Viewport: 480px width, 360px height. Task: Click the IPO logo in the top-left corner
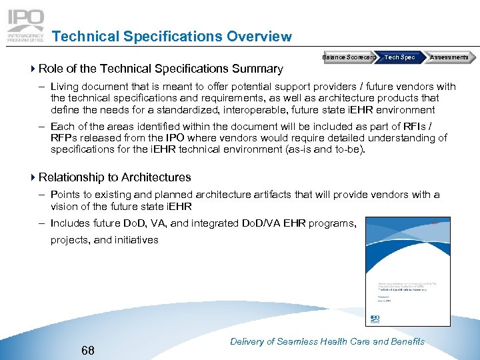(x=25, y=26)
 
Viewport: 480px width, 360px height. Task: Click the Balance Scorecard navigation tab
(x=347, y=57)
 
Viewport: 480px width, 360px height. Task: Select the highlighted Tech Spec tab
(x=399, y=57)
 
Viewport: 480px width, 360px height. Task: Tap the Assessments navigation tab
(x=449, y=57)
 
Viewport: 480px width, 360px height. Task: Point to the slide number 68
(x=87, y=350)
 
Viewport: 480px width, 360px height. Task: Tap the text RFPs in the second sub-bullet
(x=65, y=138)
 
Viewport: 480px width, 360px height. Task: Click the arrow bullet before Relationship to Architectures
(x=33, y=177)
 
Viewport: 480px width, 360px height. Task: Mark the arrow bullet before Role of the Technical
(x=33, y=68)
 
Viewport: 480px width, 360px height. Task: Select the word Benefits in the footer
(x=407, y=341)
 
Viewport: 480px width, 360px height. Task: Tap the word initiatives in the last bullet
(x=136, y=240)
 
